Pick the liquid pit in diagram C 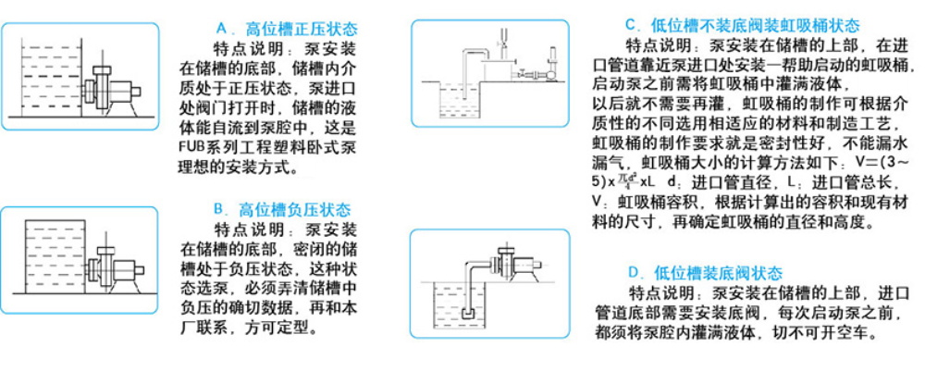pyautogui.click(x=453, y=102)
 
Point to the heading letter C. pyautogui.click(x=631, y=25)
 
